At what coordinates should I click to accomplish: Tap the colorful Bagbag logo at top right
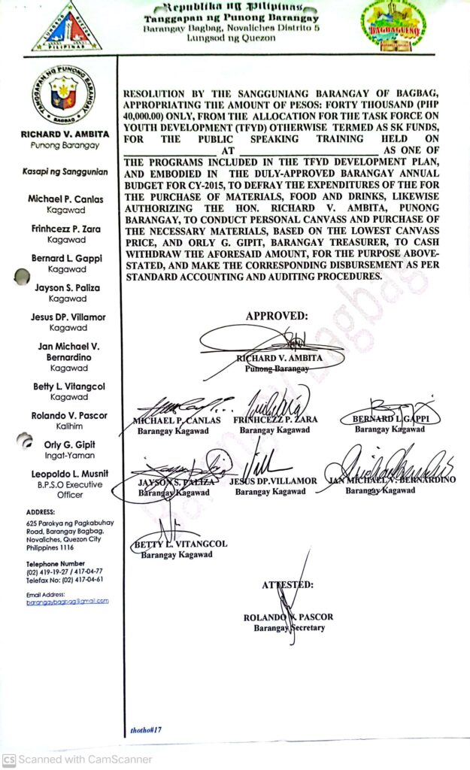(394, 27)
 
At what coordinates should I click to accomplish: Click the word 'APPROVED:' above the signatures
(276, 316)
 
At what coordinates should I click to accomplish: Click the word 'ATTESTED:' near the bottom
(288, 584)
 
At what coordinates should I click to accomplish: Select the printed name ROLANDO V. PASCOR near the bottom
(288, 617)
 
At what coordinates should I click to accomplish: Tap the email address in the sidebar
(67, 601)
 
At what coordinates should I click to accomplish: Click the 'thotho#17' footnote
(145, 729)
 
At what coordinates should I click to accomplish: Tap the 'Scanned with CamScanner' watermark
(77, 759)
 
